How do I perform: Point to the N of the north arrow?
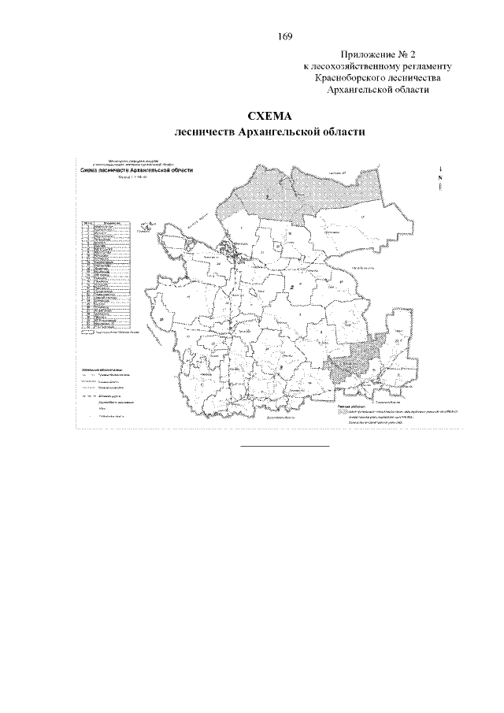(439, 177)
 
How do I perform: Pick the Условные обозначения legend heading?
(102, 368)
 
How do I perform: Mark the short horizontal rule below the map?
(284, 446)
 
